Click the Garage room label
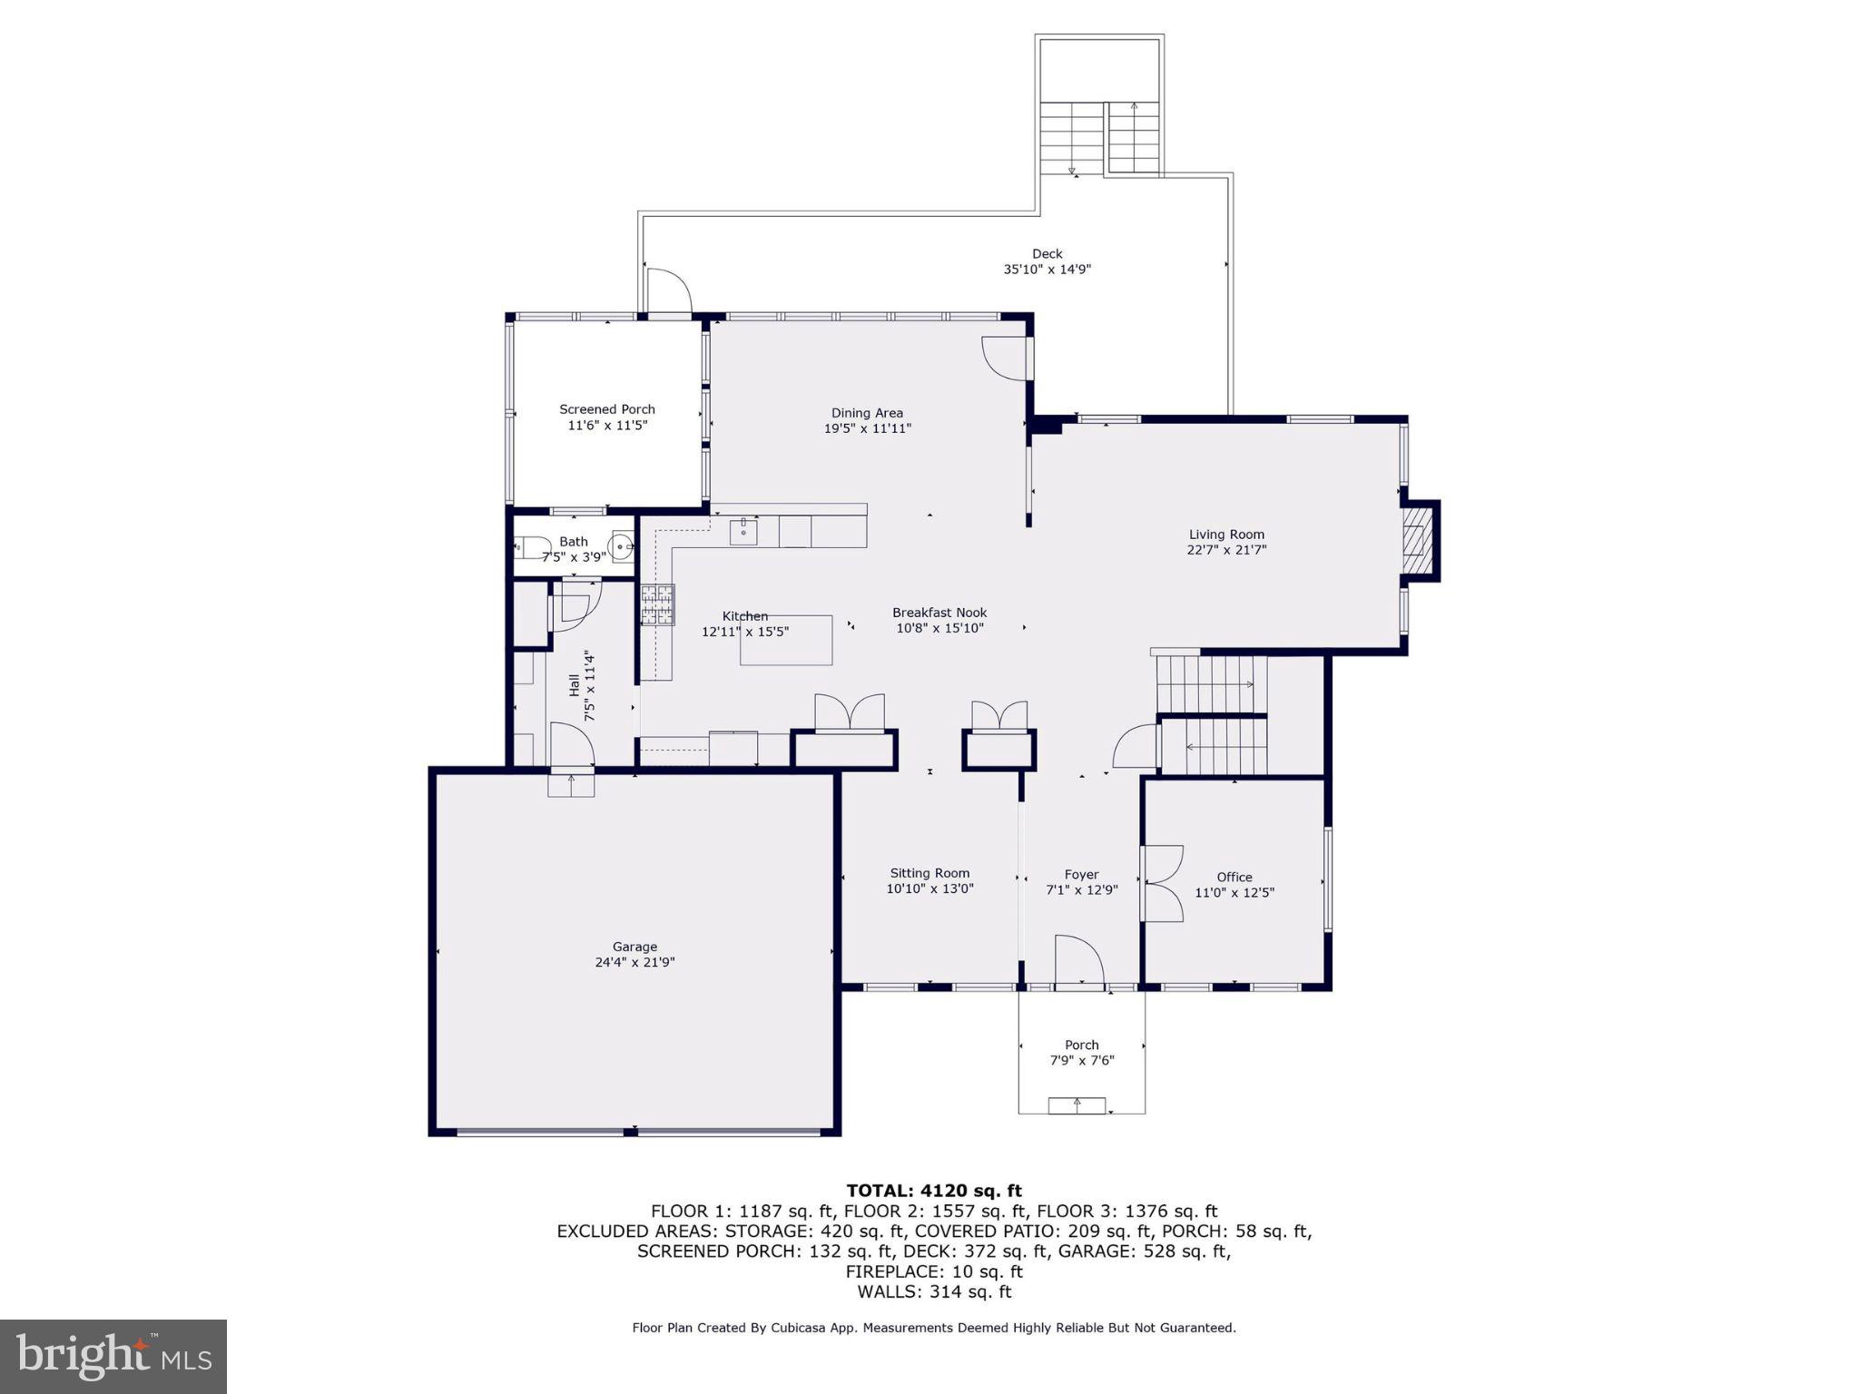[x=634, y=947]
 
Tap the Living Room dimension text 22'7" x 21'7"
[x=1226, y=550]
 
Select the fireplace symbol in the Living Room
[x=1416, y=541]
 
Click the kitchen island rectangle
[x=786, y=641]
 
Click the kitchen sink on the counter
[x=743, y=531]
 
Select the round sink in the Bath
[x=622, y=546]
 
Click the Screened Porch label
[x=606, y=409]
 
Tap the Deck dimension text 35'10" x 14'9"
[x=1047, y=270]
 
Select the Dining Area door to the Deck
[x=1006, y=358]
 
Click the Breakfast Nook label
[x=939, y=613]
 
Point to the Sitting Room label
[x=929, y=873]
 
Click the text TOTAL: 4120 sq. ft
[x=933, y=1191]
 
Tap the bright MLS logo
[x=113, y=1356]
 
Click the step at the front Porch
[x=1077, y=1105]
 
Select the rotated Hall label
[x=574, y=685]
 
